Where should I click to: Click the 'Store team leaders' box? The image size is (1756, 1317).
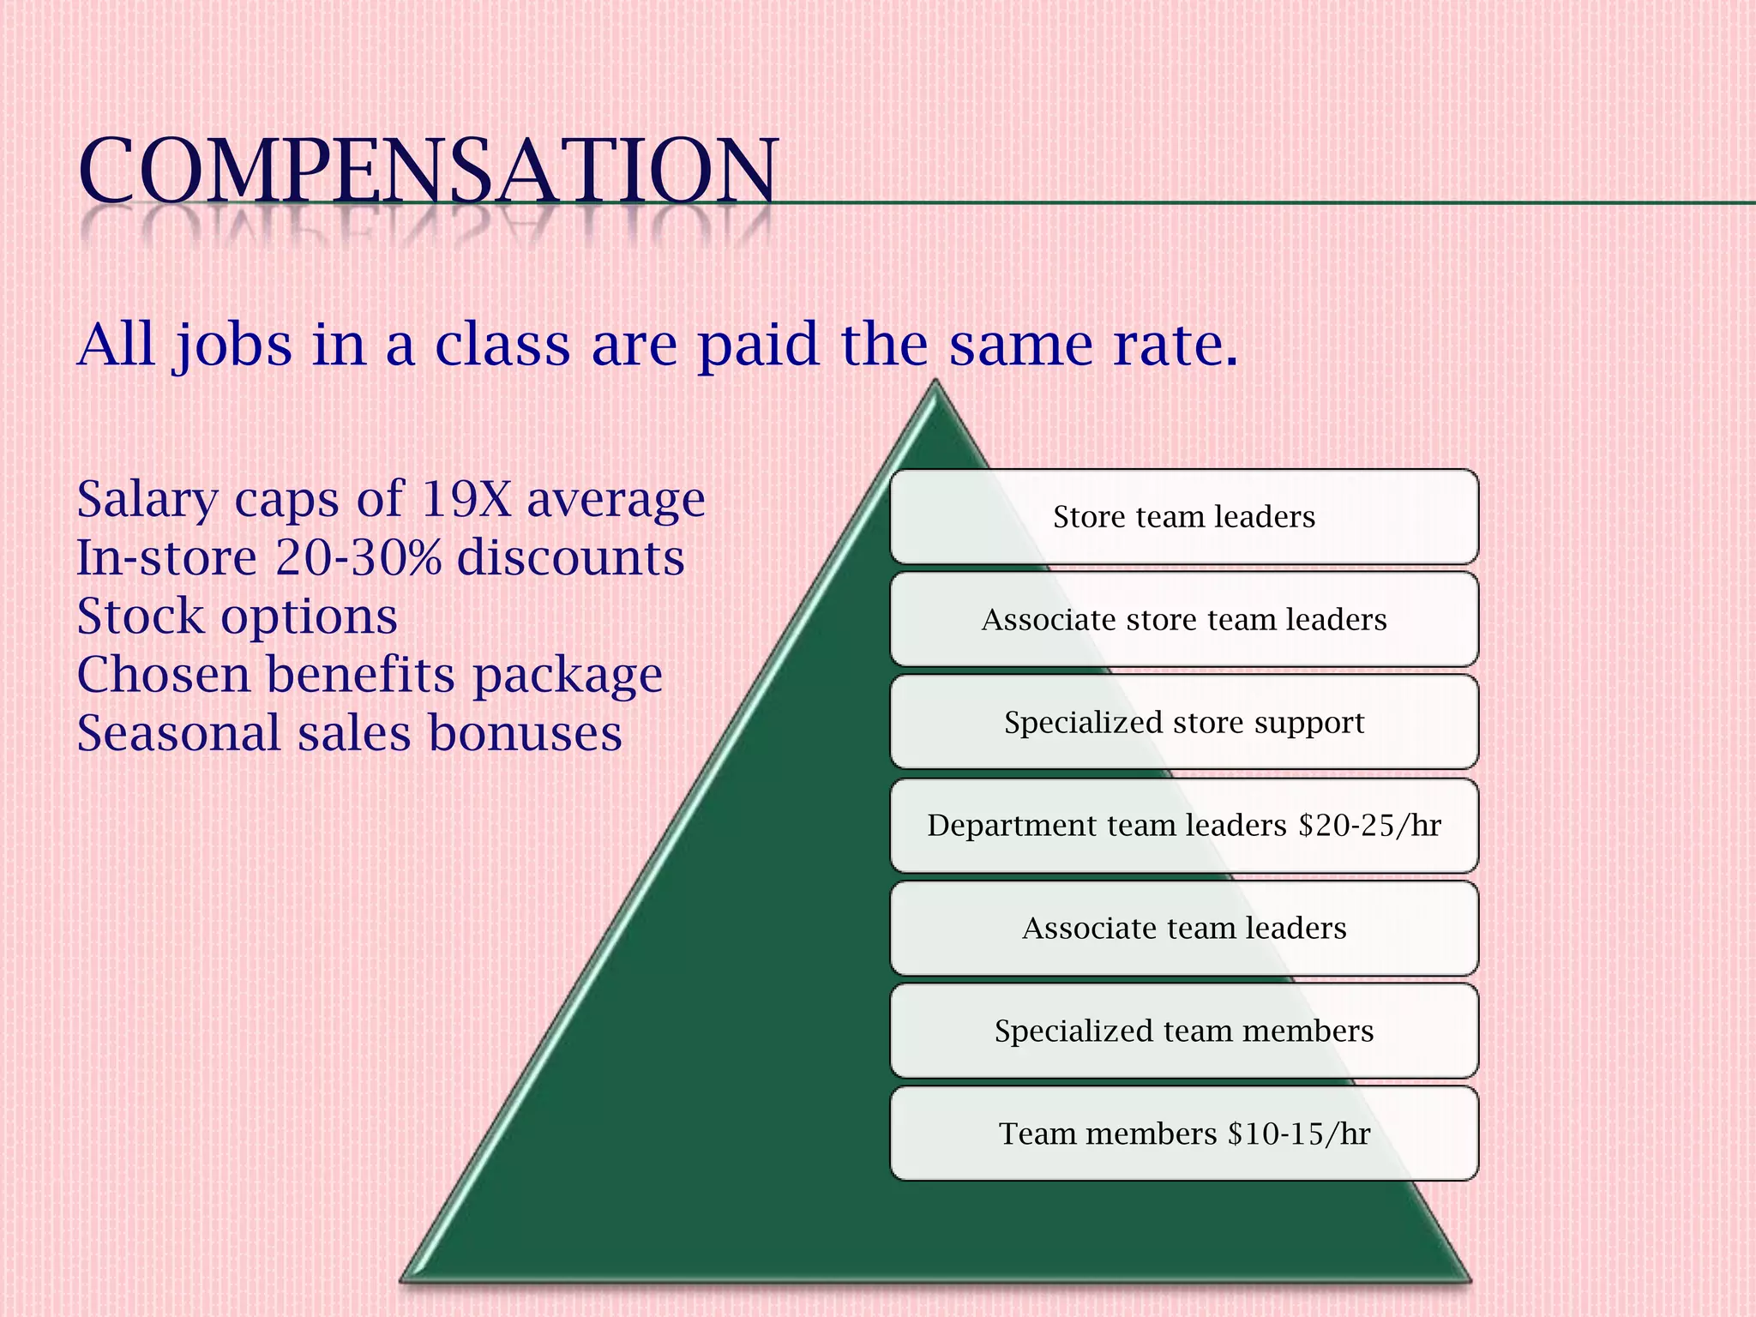pyautogui.click(x=1183, y=517)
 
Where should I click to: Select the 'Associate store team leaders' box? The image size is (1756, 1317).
pyautogui.click(x=1183, y=620)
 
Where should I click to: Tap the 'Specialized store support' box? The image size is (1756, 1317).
pyautogui.click(x=1183, y=723)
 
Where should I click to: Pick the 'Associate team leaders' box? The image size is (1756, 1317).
pyautogui.click(x=1183, y=929)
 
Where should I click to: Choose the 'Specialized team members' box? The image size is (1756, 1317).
pyautogui.click(x=1183, y=1031)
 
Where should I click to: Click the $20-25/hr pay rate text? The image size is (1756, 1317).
pyautogui.click(x=1369, y=826)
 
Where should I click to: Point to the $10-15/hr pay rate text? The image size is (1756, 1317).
pyautogui.click(x=1299, y=1134)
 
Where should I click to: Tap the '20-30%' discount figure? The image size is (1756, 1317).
pyautogui.click(x=358, y=558)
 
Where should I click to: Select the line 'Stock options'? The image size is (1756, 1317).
pyautogui.click(x=237, y=616)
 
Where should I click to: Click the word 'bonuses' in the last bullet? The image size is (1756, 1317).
pyautogui.click(x=525, y=734)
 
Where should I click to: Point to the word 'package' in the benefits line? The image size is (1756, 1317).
pyautogui.click(x=568, y=676)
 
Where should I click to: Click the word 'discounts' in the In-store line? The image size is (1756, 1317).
pyautogui.click(x=570, y=558)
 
